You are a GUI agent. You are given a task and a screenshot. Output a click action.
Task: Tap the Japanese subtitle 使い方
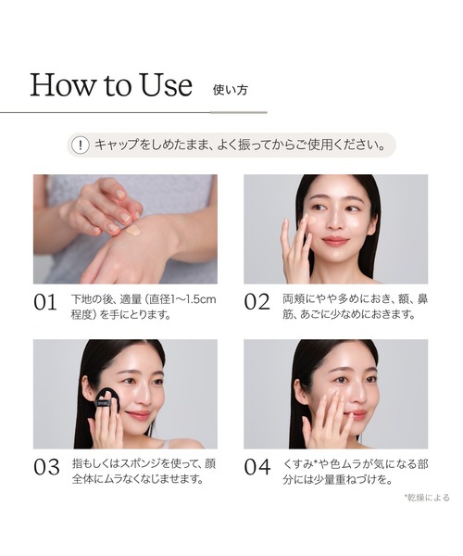click(x=230, y=90)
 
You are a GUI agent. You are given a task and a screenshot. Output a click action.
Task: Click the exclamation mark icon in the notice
click(x=81, y=145)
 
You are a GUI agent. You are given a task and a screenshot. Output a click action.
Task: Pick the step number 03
click(x=46, y=467)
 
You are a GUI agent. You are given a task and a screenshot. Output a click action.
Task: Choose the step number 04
click(x=257, y=467)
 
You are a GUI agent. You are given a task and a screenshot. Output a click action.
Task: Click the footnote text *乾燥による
click(x=426, y=498)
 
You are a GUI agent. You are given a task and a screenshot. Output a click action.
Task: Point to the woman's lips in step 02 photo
click(x=335, y=242)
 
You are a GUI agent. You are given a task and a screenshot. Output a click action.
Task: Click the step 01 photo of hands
click(x=125, y=229)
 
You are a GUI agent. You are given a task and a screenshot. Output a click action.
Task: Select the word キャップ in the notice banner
click(x=117, y=145)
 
